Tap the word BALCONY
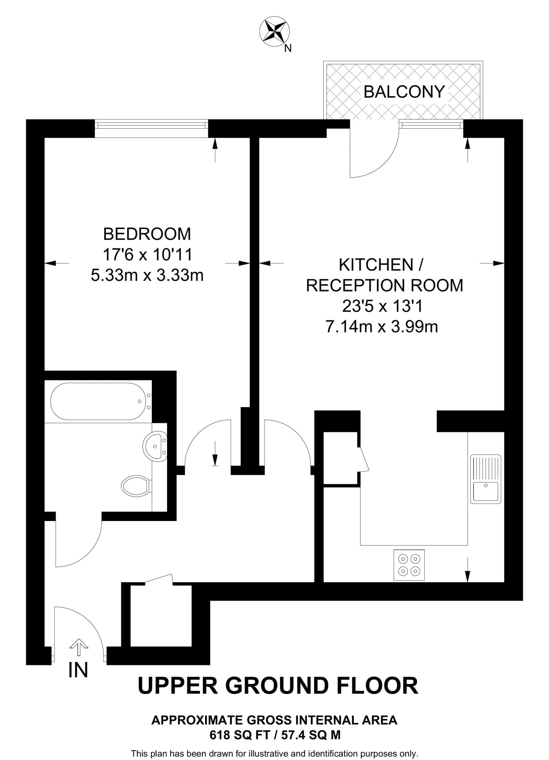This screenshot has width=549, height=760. point(404,92)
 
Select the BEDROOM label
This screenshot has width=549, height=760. point(147,234)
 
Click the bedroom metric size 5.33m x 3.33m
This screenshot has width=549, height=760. point(147,275)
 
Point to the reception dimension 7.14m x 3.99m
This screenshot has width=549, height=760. point(382,327)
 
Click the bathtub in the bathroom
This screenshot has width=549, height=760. point(98,402)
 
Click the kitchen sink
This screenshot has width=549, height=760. point(486,479)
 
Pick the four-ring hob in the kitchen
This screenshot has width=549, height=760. point(409,565)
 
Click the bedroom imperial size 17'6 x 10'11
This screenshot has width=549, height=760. point(147,255)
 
